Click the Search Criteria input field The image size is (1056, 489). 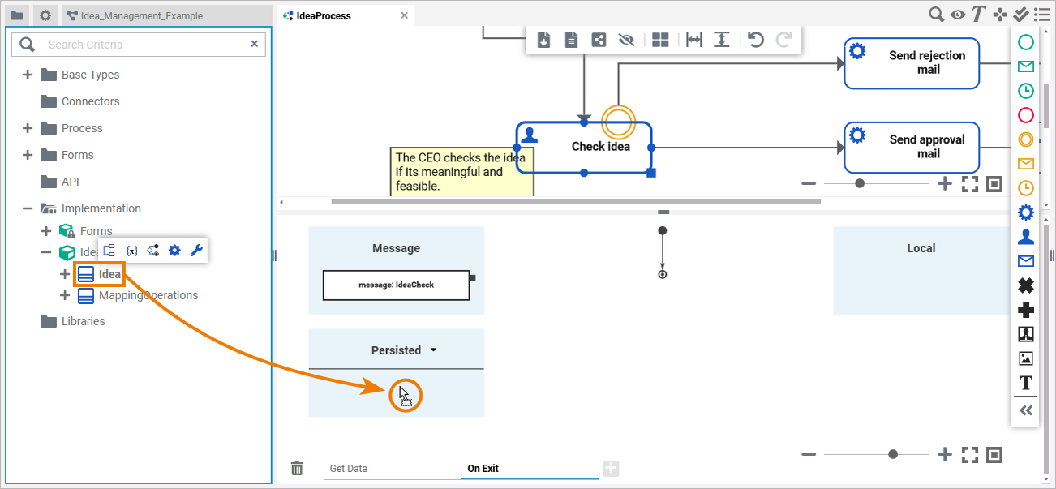[x=146, y=45]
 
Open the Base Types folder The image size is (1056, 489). [x=90, y=75]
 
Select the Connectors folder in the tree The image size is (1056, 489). [x=90, y=101]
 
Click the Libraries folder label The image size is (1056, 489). [x=83, y=321]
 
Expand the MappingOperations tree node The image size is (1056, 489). [x=65, y=295]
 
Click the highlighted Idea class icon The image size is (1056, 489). [x=86, y=274]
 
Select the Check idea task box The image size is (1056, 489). [x=599, y=147]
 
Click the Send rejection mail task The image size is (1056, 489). [x=912, y=62]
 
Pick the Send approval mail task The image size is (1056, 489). [x=912, y=147]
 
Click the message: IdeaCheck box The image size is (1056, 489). [x=396, y=285]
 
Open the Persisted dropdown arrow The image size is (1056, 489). [x=433, y=350]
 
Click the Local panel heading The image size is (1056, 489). [x=921, y=248]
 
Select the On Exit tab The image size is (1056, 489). [x=483, y=469]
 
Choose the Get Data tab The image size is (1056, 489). [x=349, y=469]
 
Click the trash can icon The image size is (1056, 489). [x=298, y=468]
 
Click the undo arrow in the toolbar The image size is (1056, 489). [x=756, y=39]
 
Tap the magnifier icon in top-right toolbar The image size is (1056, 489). [x=936, y=14]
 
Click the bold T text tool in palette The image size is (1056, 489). [x=1026, y=383]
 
